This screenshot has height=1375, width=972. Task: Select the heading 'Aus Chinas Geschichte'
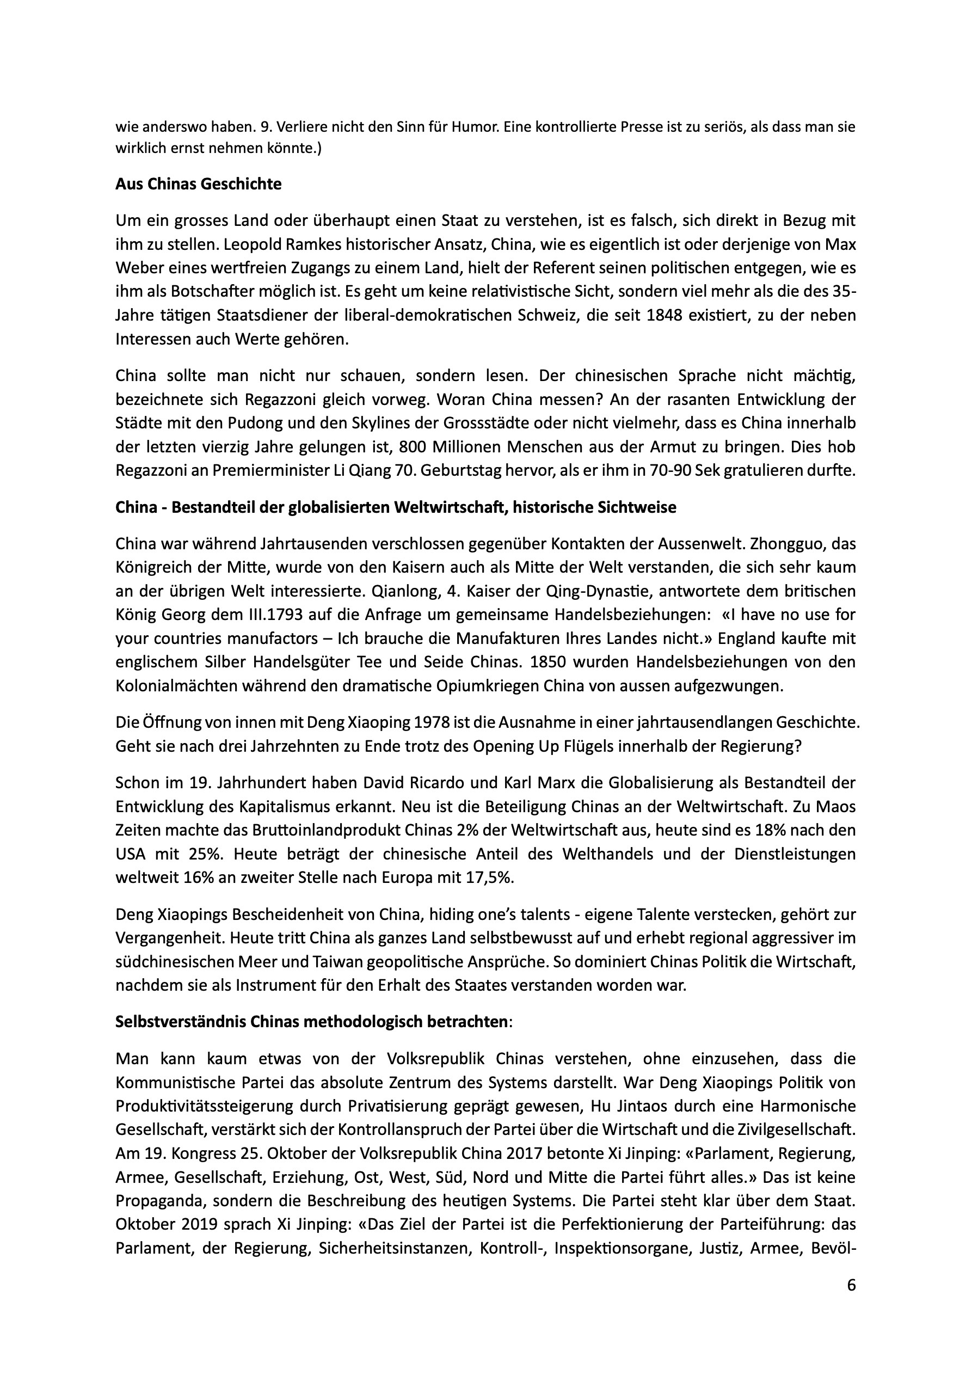pyautogui.click(x=198, y=184)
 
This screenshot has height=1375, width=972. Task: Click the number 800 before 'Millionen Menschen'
pyautogui.click(x=416, y=447)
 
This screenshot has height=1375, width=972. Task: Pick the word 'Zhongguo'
pyautogui.click(x=795, y=543)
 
